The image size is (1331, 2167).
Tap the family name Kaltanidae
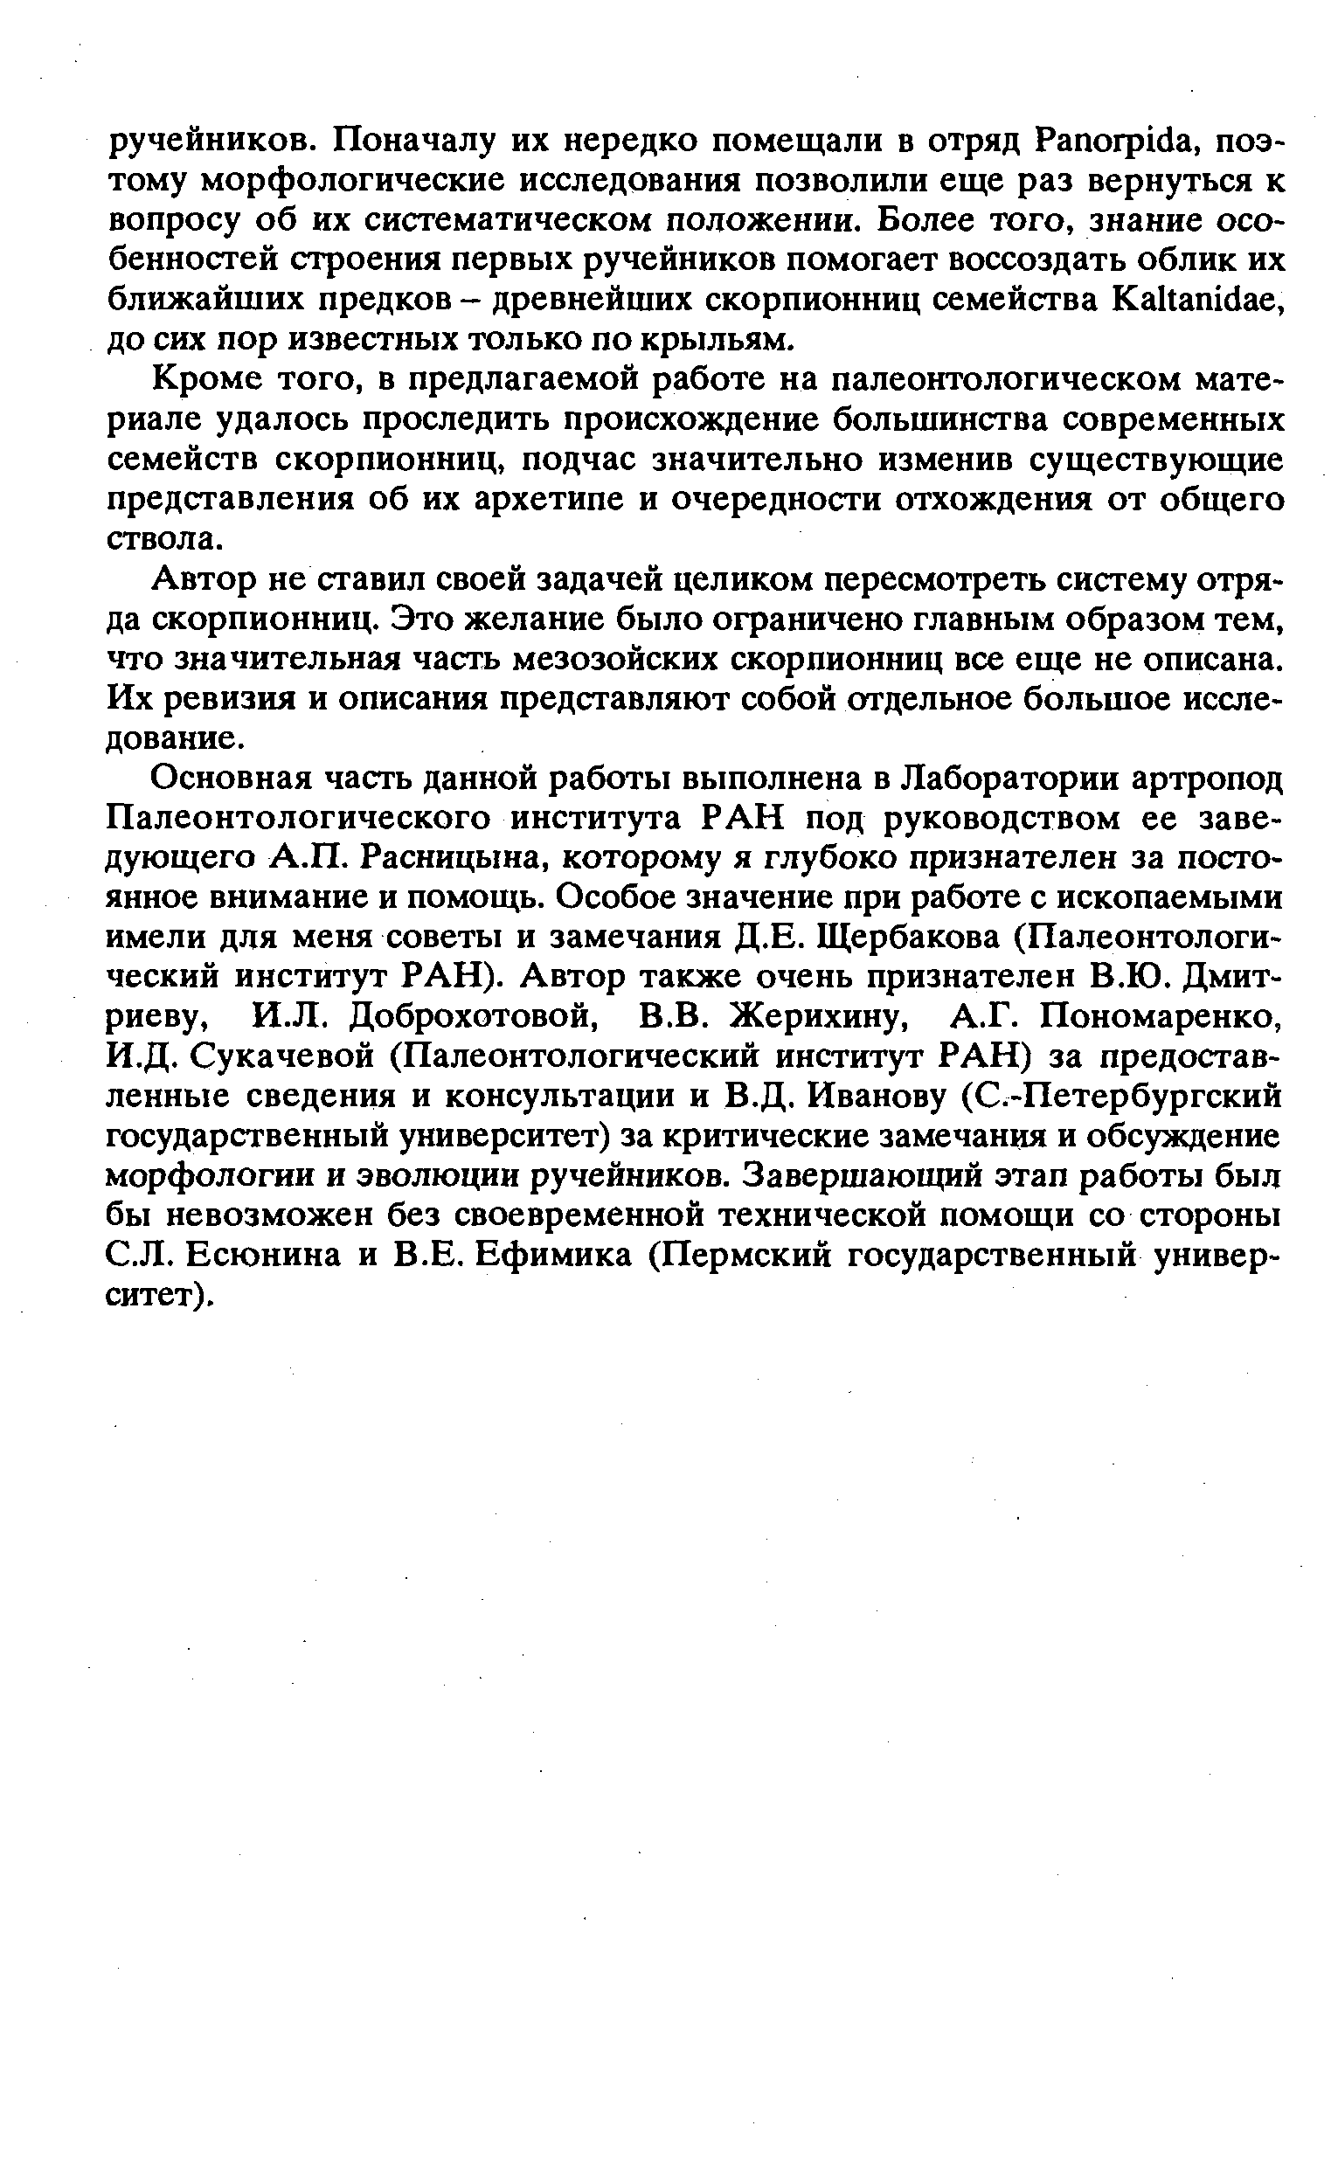(x=1186, y=300)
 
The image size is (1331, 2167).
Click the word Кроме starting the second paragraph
(x=205, y=380)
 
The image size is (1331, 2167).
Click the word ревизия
(x=228, y=700)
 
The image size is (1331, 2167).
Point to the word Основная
(x=231, y=779)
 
